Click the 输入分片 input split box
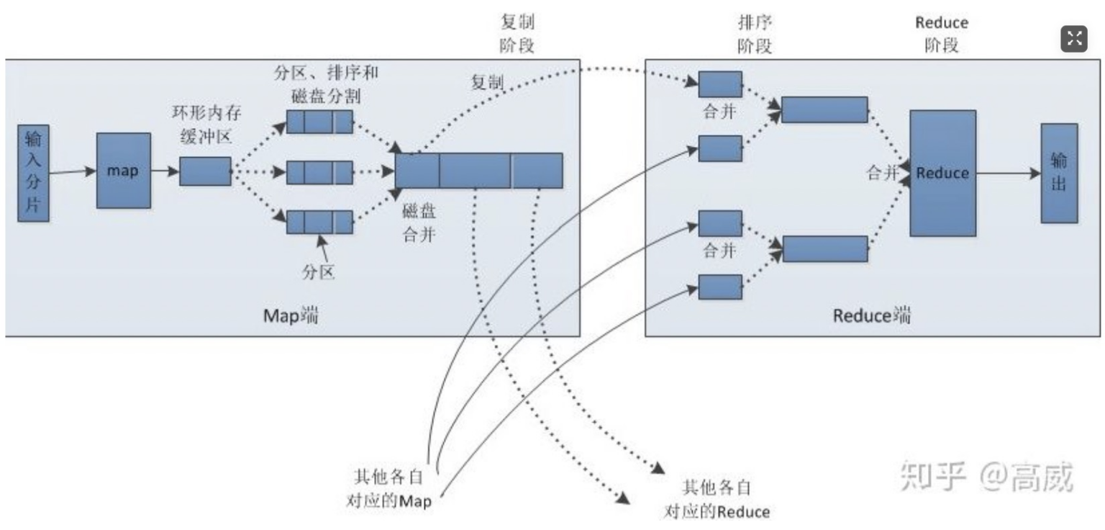pos(33,174)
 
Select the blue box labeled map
pos(124,171)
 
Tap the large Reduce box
pos(942,173)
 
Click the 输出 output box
pos(1059,173)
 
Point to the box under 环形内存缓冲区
pos(205,171)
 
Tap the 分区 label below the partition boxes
pos(319,271)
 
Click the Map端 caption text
pos(291,315)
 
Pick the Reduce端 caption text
pos(871,315)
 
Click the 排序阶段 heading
pos(755,34)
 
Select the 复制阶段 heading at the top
pos(517,34)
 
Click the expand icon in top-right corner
pos(1074,39)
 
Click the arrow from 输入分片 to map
pos(73,171)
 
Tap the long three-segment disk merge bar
pos(478,171)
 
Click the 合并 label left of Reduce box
pos(883,173)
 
